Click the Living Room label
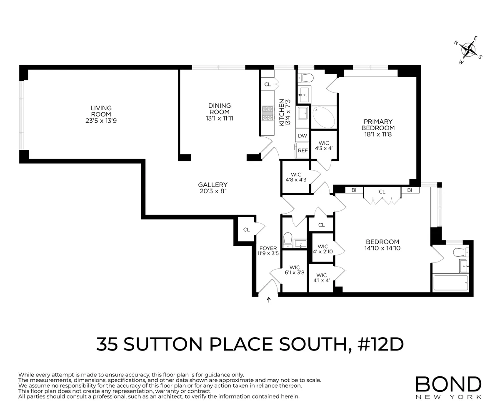coord(101,108)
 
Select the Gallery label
coord(212,185)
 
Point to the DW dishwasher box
coord(302,136)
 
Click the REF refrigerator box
coord(302,151)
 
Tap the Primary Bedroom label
coord(377,125)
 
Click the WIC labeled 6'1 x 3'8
coord(295,270)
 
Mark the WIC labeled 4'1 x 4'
coord(321,278)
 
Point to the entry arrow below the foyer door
coord(268,299)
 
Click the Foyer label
coord(267,248)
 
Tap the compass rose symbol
coord(470,50)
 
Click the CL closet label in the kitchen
coord(267,84)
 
